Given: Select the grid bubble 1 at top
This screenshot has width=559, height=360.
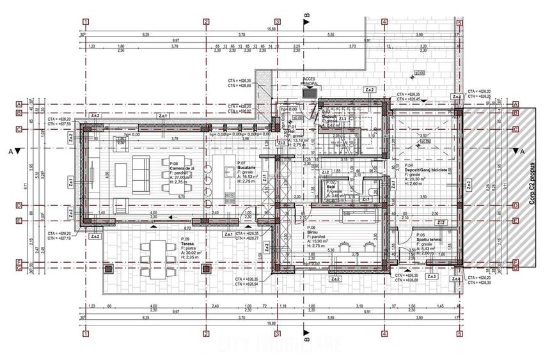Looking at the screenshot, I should (84, 21).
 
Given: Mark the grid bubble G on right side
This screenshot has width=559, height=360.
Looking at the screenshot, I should (516, 269).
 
